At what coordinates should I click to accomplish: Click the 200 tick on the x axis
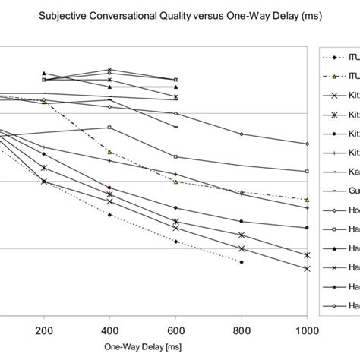[x=44, y=332]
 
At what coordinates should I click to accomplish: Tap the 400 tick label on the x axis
[x=110, y=332]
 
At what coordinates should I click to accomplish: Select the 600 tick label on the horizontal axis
[x=176, y=332]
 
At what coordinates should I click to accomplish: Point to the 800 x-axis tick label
[x=242, y=332]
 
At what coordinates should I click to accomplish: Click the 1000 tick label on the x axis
[x=306, y=332]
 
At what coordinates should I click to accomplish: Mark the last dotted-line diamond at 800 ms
[x=242, y=262]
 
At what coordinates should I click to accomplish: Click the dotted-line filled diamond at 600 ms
[x=176, y=242]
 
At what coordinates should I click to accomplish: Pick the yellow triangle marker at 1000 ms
[x=307, y=199]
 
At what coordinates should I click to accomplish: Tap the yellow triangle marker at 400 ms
[x=110, y=152]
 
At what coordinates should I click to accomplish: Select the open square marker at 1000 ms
[x=307, y=172]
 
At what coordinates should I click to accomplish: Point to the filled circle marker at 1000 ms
[x=307, y=227]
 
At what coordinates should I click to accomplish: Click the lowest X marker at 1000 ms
[x=307, y=269]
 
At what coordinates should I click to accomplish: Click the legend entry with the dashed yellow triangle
[x=339, y=77]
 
